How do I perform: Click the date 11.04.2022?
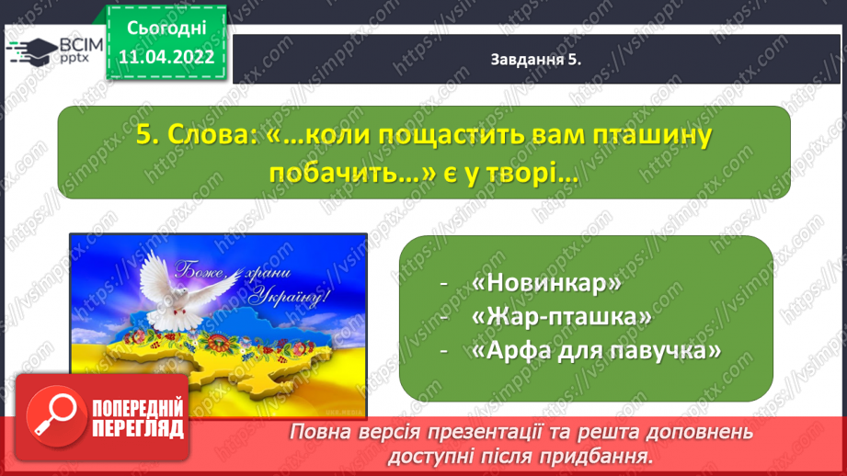click(166, 57)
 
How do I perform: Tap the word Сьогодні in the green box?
click(166, 28)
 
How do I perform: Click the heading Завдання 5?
click(535, 60)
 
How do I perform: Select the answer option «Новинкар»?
click(546, 283)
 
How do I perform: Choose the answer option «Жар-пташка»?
click(561, 317)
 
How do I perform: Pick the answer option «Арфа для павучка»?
click(596, 351)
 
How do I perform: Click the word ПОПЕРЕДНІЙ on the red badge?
click(138, 409)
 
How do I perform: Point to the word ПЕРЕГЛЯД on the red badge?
click(138, 428)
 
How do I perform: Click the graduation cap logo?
click(31, 51)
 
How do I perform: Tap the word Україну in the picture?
click(291, 298)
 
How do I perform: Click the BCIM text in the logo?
click(81, 44)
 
